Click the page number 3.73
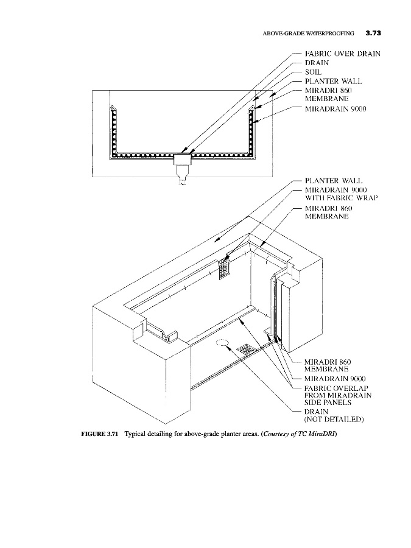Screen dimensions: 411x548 coord(373,33)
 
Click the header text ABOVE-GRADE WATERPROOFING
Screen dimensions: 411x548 coord(308,33)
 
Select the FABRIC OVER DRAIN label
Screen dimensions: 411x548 coord(342,54)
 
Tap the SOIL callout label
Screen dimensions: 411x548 coord(313,72)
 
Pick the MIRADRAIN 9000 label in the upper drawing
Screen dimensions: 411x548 coord(335,109)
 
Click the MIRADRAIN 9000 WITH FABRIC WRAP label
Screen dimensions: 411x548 coord(341,194)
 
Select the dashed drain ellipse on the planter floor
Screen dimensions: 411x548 coord(221,342)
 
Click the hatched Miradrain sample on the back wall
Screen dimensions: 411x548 coord(224,268)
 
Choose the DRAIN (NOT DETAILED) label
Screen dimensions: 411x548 coord(334,415)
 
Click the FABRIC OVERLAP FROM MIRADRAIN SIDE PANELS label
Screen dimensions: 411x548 coord(337,395)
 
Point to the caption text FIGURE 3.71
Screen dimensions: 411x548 coord(100,434)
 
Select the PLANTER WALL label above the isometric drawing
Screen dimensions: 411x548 coord(334,181)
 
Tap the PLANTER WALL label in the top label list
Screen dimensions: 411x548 coord(334,82)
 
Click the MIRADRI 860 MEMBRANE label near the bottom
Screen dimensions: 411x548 coord(328,365)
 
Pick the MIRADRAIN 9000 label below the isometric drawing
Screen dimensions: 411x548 coord(335,379)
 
